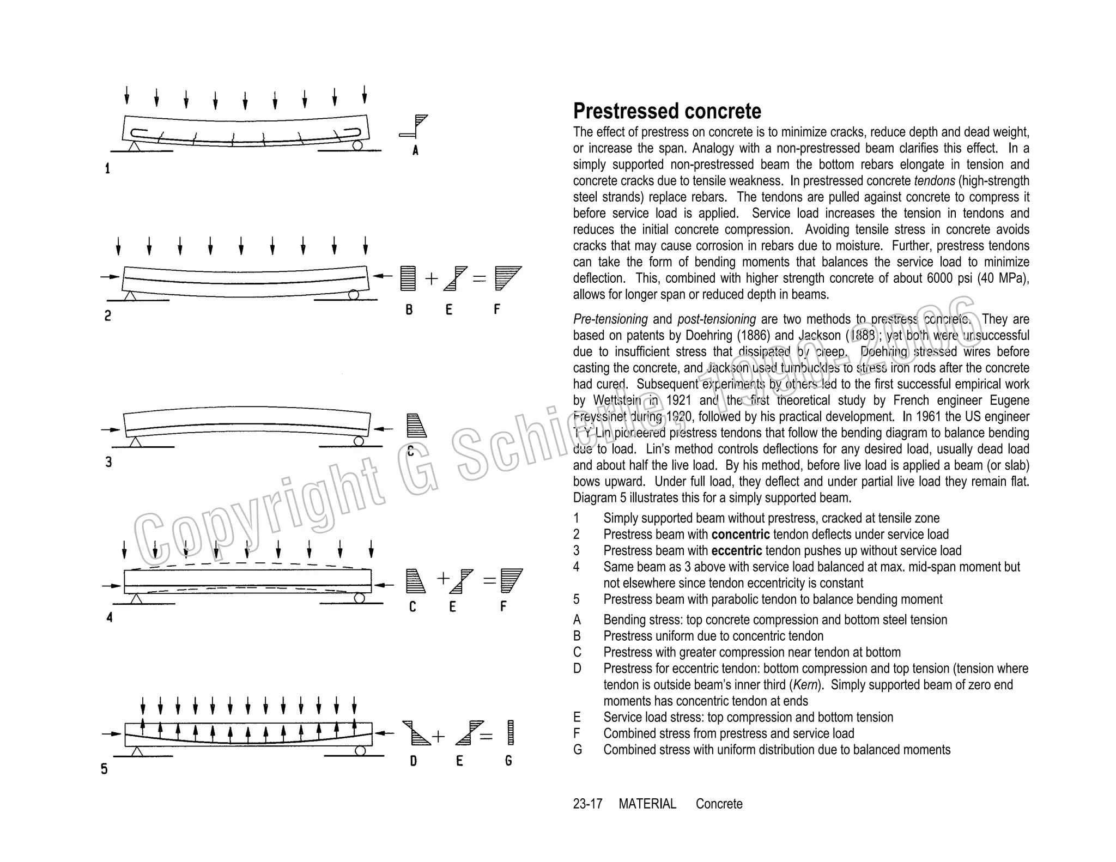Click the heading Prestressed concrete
click(666, 111)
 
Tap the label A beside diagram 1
click(415, 150)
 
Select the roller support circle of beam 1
click(357, 145)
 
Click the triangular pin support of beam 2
click(130, 295)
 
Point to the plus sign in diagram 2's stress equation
click(431, 279)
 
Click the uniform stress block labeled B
click(408, 278)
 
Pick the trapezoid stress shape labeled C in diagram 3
click(416, 426)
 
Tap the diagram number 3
click(108, 462)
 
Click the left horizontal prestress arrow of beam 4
click(111, 586)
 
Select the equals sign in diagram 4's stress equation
click(489, 581)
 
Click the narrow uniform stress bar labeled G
click(511, 732)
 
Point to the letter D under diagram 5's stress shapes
click(414, 761)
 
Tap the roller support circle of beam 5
click(360, 751)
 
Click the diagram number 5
click(104, 769)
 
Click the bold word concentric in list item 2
click(740, 535)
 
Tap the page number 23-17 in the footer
click(587, 804)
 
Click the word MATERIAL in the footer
click(647, 804)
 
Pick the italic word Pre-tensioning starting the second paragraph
click(610, 319)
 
